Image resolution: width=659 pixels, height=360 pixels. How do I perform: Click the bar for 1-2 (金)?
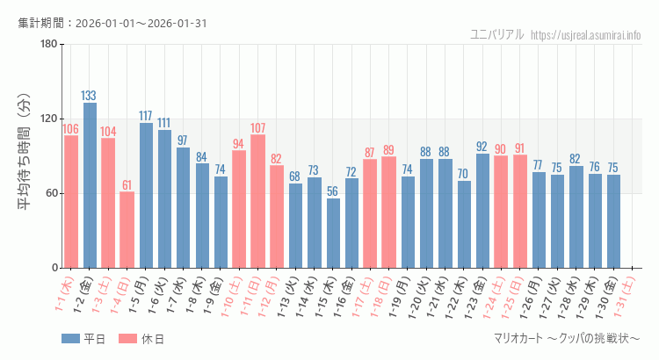pos(90,185)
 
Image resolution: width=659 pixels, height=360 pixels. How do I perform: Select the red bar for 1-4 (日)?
pos(127,229)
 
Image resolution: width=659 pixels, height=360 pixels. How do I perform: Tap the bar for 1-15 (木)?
pos(333,233)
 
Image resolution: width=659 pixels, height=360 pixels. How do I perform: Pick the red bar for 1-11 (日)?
pos(258,201)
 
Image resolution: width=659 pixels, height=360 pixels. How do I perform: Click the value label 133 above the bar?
pos(90,96)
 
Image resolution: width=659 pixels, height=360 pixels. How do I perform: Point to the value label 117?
pos(146,116)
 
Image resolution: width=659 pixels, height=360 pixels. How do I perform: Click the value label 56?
pos(333,191)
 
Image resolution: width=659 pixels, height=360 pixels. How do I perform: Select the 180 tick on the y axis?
pos(48,44)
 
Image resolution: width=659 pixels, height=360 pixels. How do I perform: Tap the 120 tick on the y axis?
pos(48,119)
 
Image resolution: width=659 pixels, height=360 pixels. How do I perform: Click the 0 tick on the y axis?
pos(54,268)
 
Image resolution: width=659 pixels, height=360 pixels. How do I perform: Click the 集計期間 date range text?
pos(112,23)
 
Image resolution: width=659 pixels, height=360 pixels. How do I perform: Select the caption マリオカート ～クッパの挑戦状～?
pos(567,339)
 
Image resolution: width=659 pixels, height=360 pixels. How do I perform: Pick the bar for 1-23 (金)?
pos(482,211)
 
